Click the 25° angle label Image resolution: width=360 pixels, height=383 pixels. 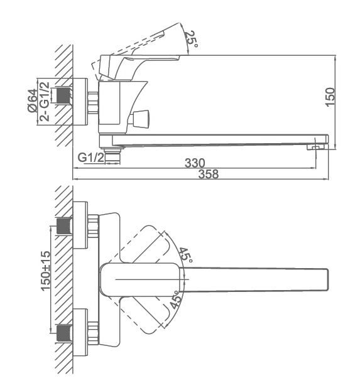pos(190,39)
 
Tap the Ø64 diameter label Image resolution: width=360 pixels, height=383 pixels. pos(33,100)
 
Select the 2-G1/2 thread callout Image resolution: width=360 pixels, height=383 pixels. pos(45,101)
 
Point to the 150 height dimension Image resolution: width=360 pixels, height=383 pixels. pos(330,97)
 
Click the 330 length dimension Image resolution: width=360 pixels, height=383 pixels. pos(195,163)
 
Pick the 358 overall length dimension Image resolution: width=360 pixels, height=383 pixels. pos(209,174)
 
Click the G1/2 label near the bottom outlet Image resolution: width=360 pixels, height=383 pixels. pos(91,158)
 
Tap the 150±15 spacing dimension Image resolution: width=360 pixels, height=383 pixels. pos(46,271)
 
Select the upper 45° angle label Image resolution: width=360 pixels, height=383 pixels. pos(186,256)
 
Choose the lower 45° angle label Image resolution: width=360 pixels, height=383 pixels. pos(176,299)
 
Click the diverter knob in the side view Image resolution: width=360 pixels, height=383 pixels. pos(141,119)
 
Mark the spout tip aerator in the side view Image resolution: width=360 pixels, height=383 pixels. pos(317,147)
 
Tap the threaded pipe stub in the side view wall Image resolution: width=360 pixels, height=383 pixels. pos(64,95)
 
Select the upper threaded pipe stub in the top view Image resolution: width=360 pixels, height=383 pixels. pos(64,226)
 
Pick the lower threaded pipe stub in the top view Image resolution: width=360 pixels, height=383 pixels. pos(64,333)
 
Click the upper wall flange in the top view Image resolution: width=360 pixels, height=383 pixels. pos(80,225)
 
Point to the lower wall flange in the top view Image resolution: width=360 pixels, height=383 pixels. pos(80,332)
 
